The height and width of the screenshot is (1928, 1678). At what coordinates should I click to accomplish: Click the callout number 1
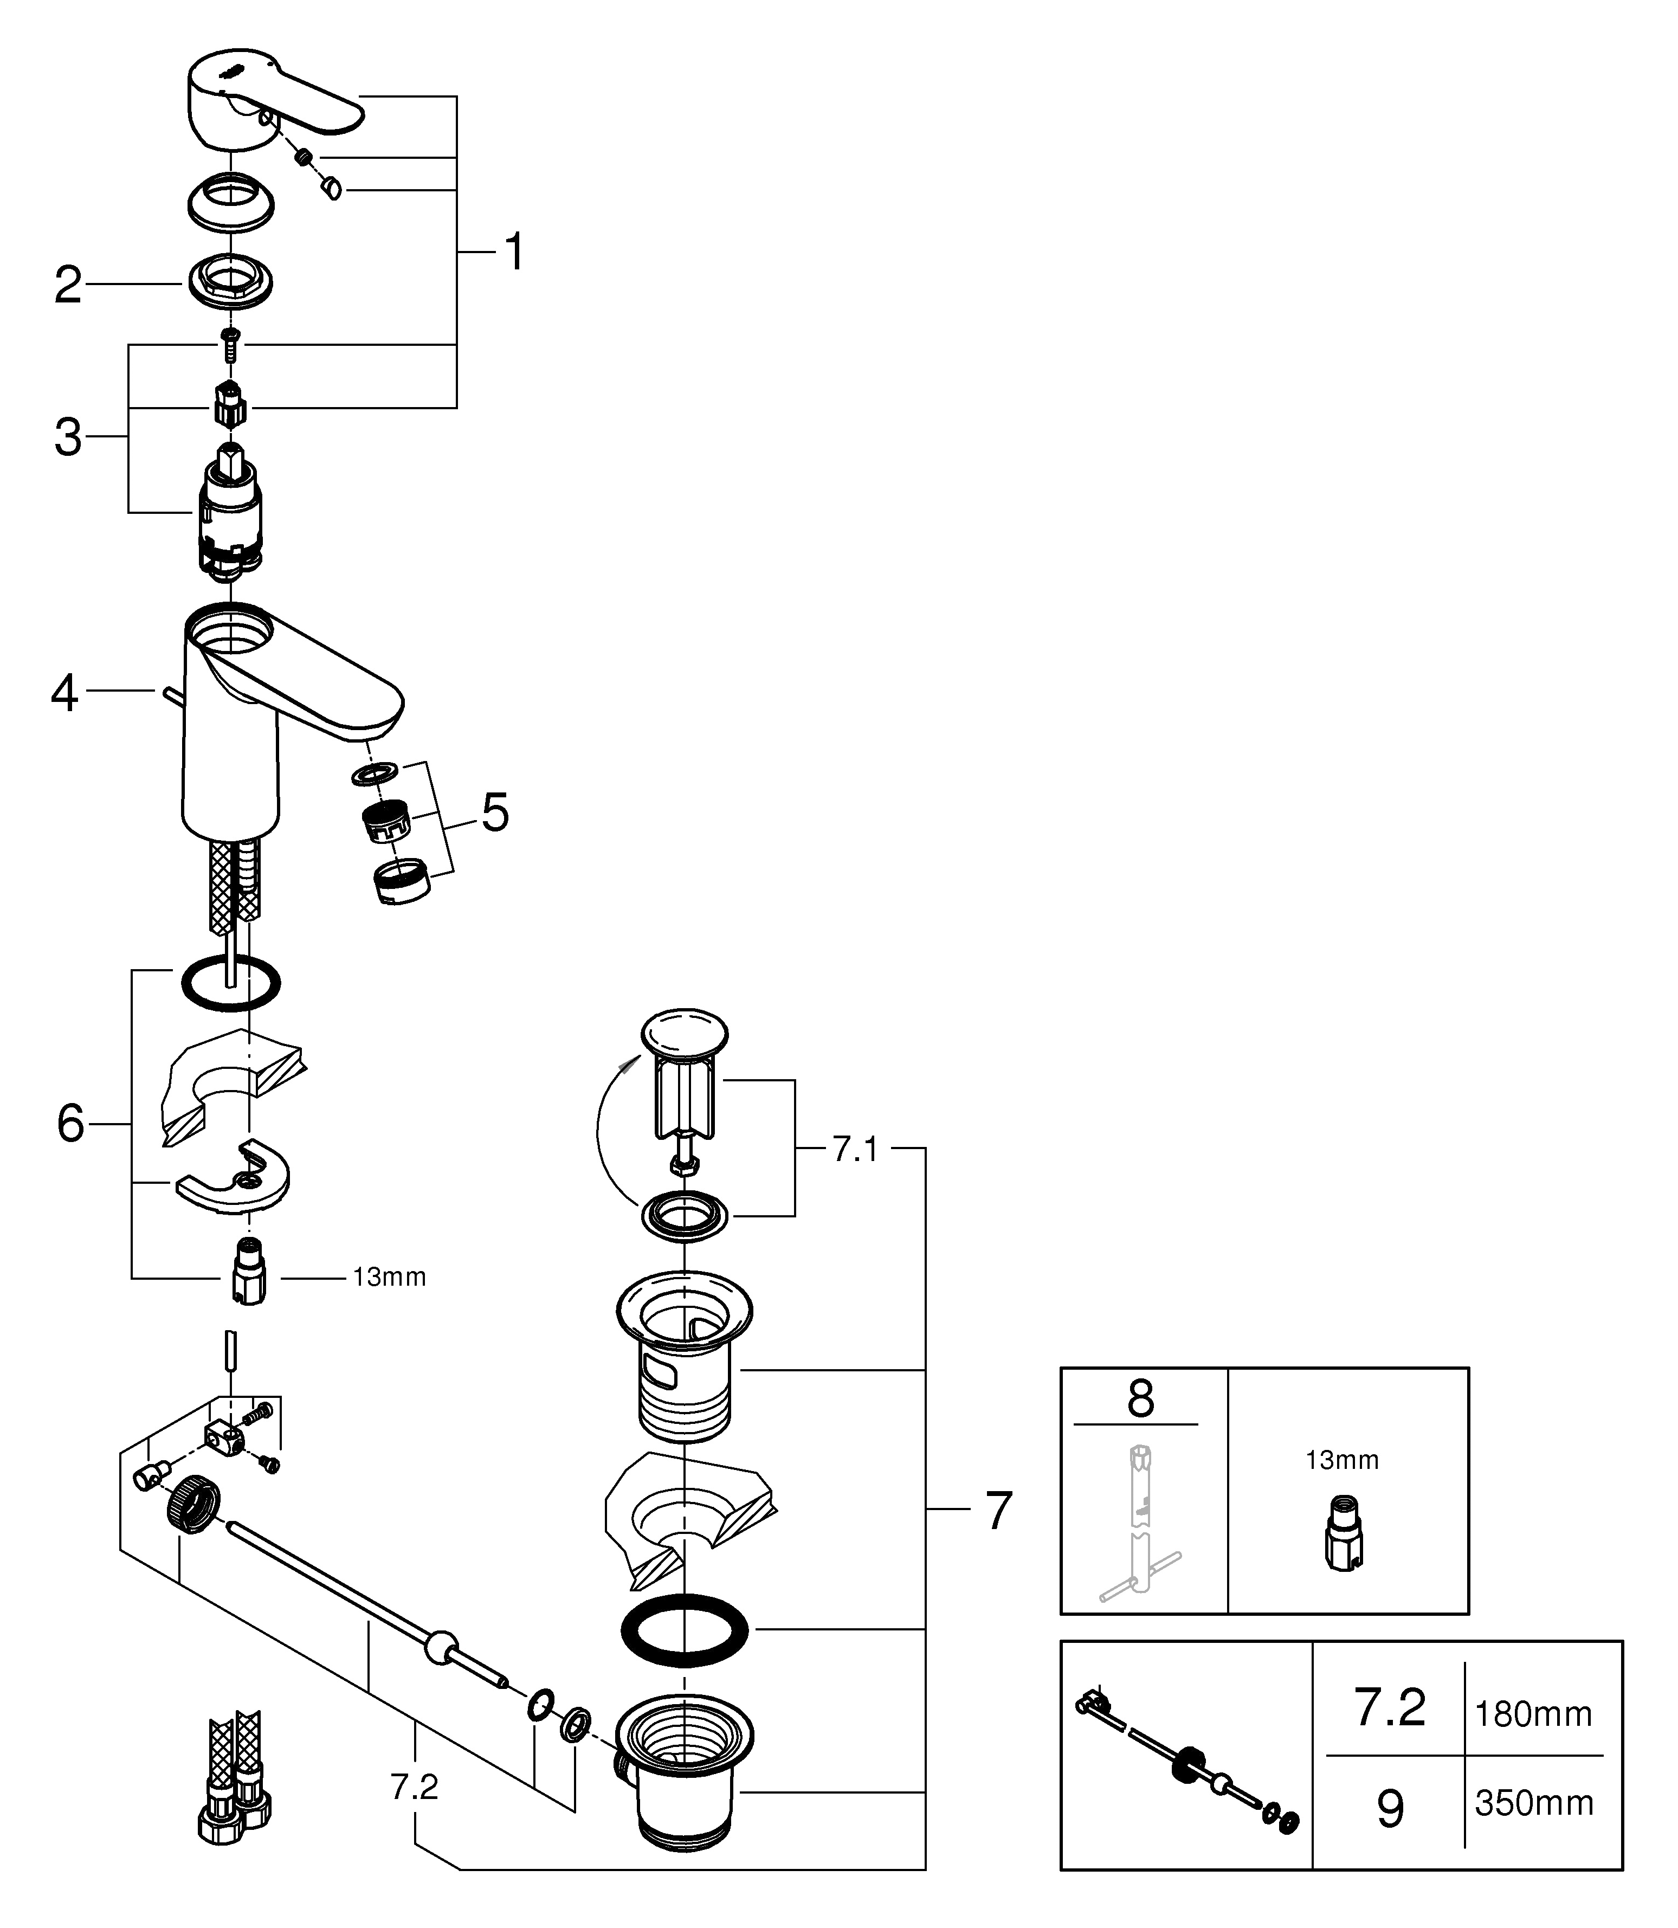(514, 253)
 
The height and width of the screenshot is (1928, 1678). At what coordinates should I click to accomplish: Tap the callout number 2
(67, 286)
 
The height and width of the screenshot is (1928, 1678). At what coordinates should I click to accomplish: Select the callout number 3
(67, 438)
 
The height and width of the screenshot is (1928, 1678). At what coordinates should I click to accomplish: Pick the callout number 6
(70, 1124)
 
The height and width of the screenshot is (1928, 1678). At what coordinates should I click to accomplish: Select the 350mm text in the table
(1534, 1803)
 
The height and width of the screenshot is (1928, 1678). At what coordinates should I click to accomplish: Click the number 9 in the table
(1391, 1807)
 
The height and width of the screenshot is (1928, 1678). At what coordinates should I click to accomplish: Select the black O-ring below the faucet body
(229, 984)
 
